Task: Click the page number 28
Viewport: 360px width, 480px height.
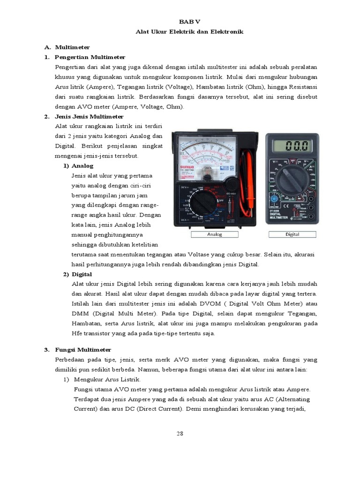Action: [x=180, y=434]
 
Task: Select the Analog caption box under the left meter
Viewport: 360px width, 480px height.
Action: [x=215, y=234]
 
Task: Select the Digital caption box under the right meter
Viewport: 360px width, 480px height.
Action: [x=292, y=234]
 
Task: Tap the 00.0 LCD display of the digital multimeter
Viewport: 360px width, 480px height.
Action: [x=292, y=146]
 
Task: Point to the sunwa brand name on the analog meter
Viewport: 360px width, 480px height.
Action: [x=181, y=166]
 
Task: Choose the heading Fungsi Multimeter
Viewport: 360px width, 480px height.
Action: [x=83, y=350]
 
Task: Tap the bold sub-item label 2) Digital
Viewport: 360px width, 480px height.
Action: [x=78, y=274]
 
